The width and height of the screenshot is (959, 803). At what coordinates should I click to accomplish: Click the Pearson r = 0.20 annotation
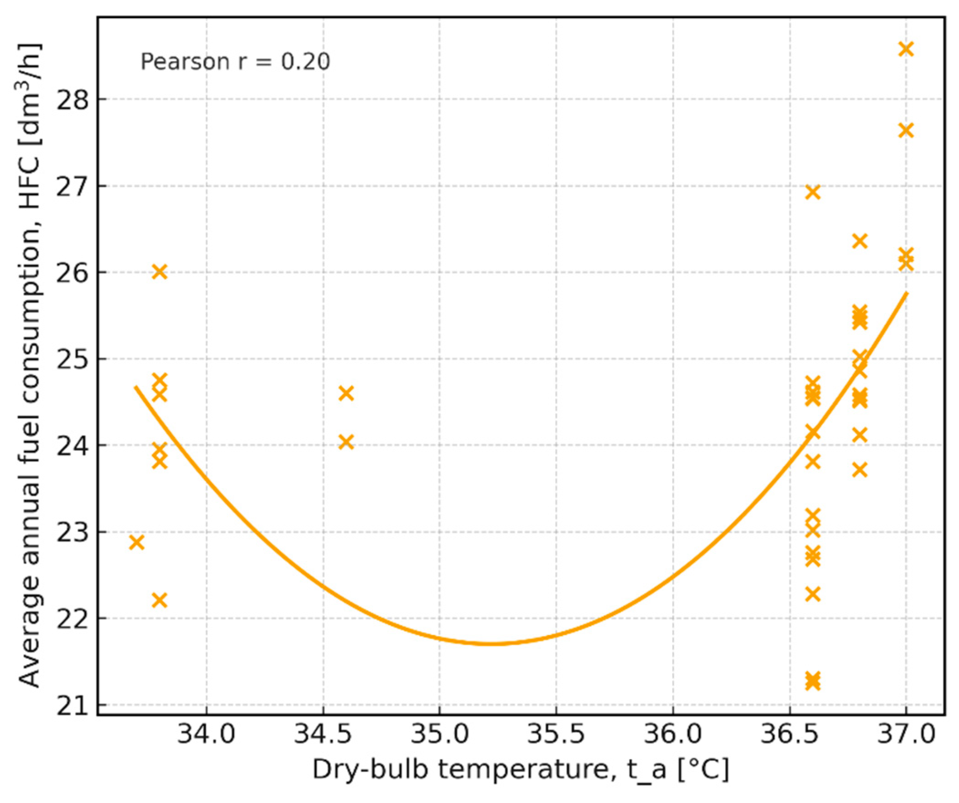click(x=235, y=62)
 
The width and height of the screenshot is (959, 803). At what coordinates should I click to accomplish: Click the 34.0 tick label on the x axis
click(x=206, y=735)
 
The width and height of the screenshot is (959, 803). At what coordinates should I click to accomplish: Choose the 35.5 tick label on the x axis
click(x=556, y=735)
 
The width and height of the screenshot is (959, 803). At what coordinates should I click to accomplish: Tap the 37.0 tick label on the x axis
click(x=906, y=735)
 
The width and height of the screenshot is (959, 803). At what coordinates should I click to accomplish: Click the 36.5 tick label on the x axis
click(x=789, y=735)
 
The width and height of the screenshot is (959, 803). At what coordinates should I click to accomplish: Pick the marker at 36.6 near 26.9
click(x=813, y=192)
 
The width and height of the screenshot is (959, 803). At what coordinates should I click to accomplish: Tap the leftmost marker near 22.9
click(x=136, y=542)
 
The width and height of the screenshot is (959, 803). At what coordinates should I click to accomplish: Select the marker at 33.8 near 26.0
click(x=159, y=272)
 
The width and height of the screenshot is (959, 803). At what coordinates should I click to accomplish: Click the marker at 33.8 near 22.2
click(x=159, y=600)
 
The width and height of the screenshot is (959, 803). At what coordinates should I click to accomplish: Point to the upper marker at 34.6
click(x=346, y=393)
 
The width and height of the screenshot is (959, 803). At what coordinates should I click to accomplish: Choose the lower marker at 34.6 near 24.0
click(x=346, y=442)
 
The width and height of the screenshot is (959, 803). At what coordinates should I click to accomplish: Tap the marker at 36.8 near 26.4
click(x=860, y=241)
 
